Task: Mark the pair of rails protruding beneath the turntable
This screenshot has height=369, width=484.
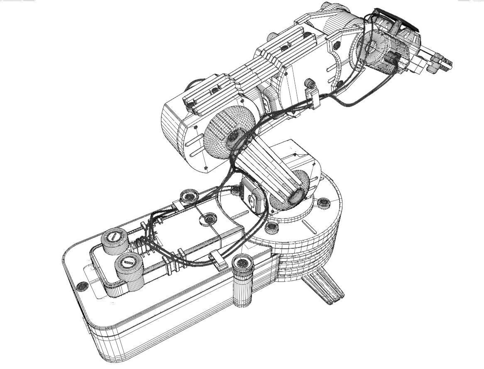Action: click(x=324, y=286)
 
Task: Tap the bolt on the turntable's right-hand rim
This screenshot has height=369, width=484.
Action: click(x=323, y=203)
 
